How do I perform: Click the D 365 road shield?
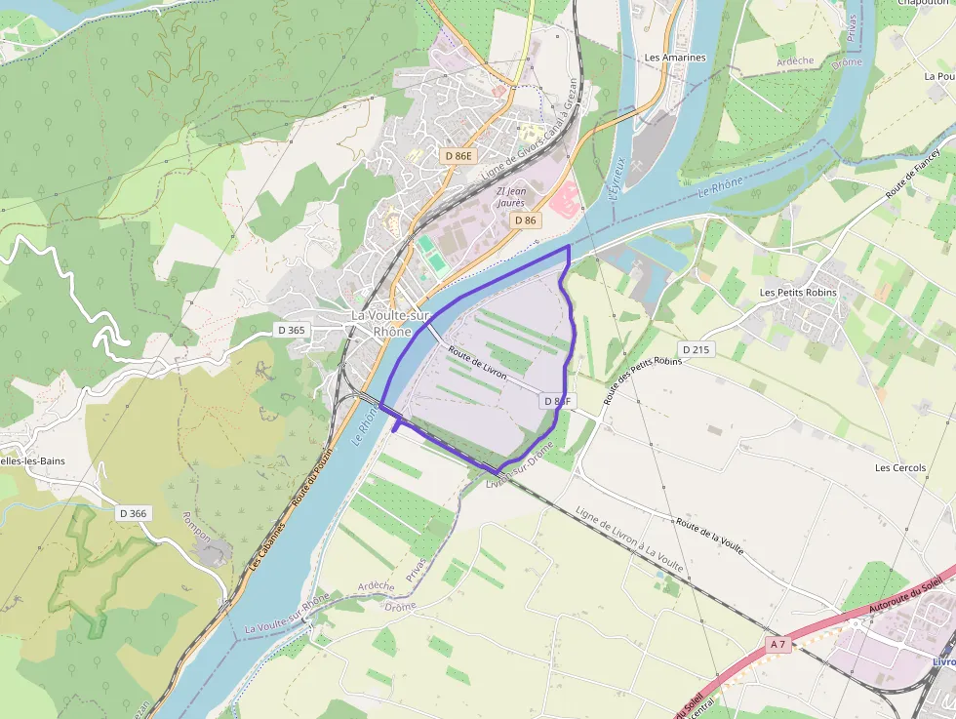click(291, 330)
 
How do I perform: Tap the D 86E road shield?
click(458, 155)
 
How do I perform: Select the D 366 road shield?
click(133, 513)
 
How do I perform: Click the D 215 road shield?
click(696, 348)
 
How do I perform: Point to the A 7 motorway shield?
click(777, 644)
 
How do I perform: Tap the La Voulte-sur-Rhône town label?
click(390, 323)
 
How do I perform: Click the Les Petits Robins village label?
click(798, 293)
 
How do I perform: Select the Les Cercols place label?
click(899, 467)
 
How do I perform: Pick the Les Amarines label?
click(675, 58)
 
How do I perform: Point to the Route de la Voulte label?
click(709, 537)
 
